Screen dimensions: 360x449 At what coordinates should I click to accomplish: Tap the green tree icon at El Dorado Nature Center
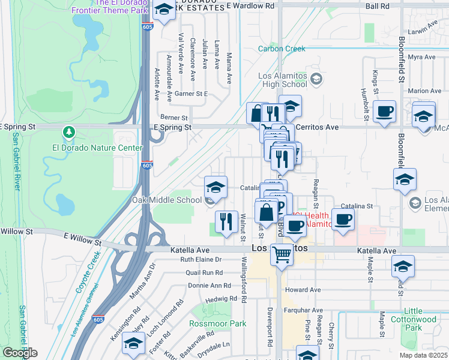(70, 131)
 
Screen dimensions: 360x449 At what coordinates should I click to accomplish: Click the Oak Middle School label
(167, 200)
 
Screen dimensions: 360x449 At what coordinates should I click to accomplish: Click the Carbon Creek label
(282, 49)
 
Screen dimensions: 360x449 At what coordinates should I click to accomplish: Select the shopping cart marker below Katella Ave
(281, 254)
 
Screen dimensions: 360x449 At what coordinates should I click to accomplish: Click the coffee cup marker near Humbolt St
(384, 111)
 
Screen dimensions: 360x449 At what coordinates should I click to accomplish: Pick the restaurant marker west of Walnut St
(226, 221)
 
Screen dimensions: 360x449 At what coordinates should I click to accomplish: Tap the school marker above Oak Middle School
(215, 186)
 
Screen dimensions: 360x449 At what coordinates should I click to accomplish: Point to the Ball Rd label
(377, 6)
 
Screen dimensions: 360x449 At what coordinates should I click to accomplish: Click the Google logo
(19, 353)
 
